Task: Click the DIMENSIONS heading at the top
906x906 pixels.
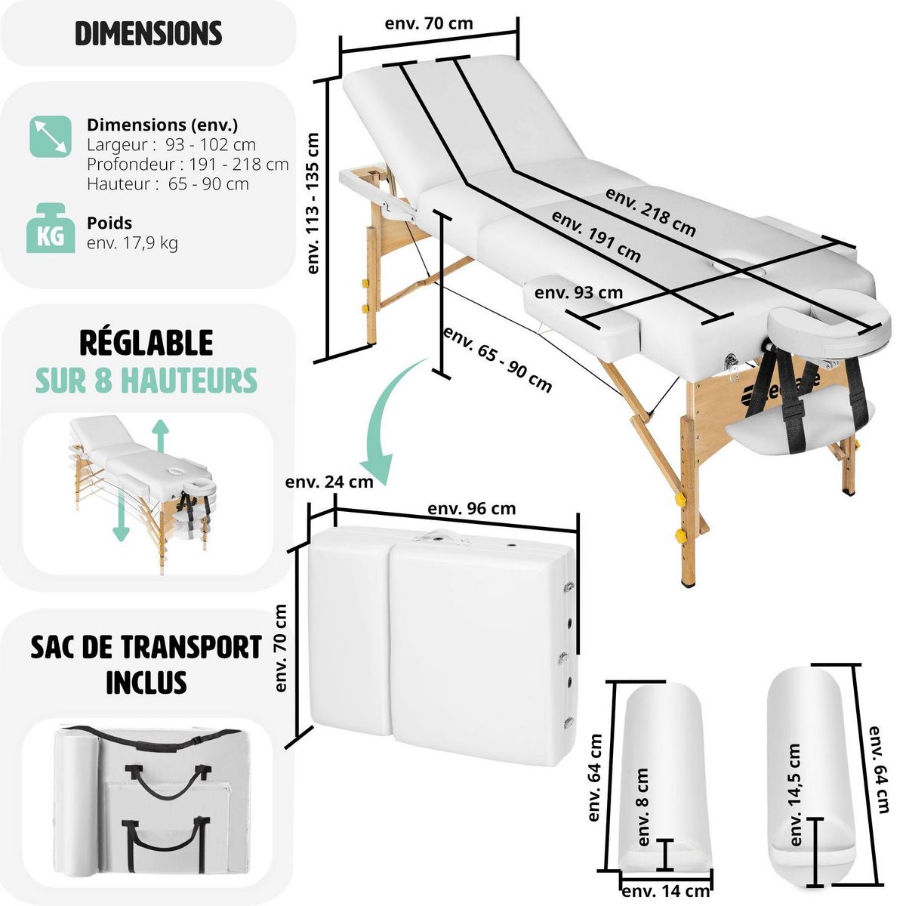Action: (x=149, y=34)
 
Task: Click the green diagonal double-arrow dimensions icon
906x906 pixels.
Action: (x=51, y=137)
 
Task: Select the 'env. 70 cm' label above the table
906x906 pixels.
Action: (x=429, y=23)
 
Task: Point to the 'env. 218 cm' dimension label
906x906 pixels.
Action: (x=650, y=211)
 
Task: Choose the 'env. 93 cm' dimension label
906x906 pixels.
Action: (x=579, y=292)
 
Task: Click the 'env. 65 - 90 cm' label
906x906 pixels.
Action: (x=498, y=359)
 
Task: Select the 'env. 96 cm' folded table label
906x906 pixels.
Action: (x=472, y=508)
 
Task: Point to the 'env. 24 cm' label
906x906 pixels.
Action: (x=329, y=482)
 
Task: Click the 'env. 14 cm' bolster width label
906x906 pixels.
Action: (x=666, y=892)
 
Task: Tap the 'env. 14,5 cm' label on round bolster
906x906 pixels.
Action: (x=794, y=794)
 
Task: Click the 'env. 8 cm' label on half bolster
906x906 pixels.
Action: (x=643, y=807)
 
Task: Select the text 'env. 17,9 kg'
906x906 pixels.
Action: (x=132, y=243)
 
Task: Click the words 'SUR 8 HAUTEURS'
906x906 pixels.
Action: (x=146, y=381)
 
